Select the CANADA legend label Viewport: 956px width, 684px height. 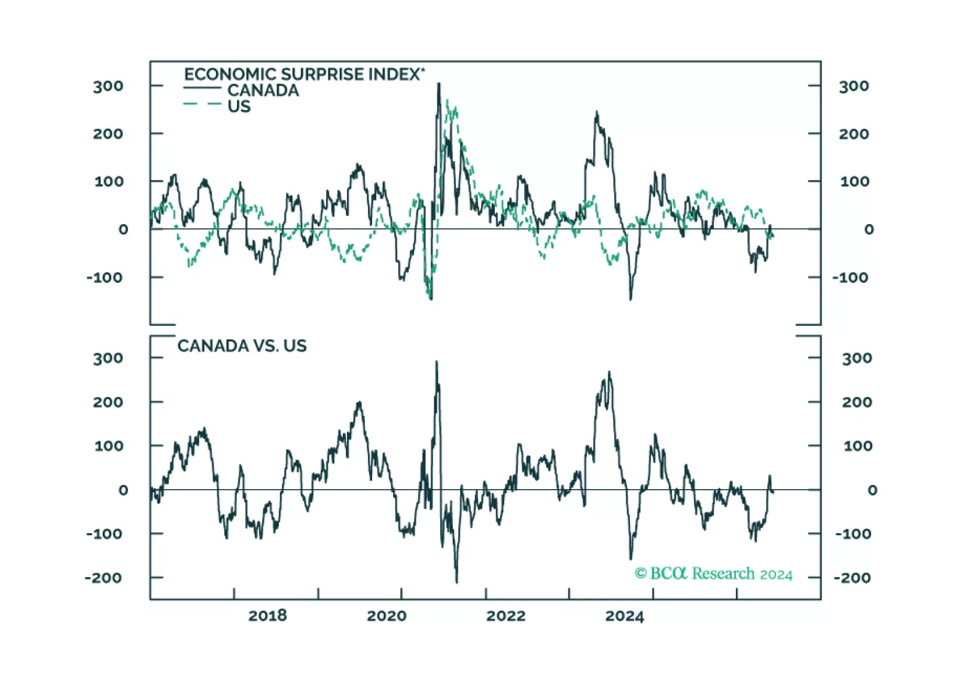click(x=263, y=90)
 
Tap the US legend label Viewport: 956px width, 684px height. click(x=239, y=106)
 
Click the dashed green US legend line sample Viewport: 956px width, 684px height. click(x=202, y=105)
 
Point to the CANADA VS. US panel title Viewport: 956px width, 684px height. click(x=242, y=346)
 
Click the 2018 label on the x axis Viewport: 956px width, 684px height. click(x=267, y=616)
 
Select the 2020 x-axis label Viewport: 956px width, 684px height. click(x=386, y=616)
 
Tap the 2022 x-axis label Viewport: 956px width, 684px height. click(x=506, y=616)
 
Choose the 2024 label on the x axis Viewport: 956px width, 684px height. click(x=625, y=616)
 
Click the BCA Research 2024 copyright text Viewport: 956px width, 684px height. click(x=714, y=573)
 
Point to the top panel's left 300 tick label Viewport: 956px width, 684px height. click(x=108, y=86)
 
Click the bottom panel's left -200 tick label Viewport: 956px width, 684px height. click(x=103, y=578)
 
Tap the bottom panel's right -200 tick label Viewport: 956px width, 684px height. click(x=853, y=578)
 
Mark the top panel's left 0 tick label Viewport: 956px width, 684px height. click(x=123, y=229)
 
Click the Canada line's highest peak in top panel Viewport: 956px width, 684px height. click(x=439, y=84)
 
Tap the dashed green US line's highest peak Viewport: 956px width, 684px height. click(x=447, y=102)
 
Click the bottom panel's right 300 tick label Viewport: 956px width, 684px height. click(x=857, y=358)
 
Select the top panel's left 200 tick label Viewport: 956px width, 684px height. click(x=108, y=133)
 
